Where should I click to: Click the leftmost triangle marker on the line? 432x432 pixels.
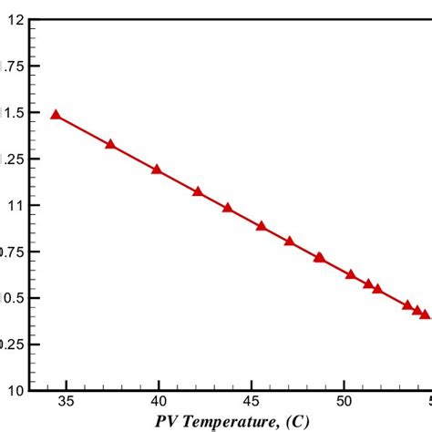point(56,115)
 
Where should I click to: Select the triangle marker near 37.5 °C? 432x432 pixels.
point(110,144)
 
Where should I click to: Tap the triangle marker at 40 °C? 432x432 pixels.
point(157,170)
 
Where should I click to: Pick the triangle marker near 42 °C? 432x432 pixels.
point(198,191)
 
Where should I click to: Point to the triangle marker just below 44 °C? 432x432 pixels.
point(228,208)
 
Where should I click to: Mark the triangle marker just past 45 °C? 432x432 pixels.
point(262,226)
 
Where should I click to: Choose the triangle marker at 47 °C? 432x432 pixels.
point(289,241)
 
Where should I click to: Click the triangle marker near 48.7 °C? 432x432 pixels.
point(319,257)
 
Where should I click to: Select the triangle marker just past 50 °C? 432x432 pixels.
point(351,274)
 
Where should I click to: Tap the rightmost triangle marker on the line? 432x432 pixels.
point(425,314)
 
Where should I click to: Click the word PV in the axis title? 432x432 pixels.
point(166,421)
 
